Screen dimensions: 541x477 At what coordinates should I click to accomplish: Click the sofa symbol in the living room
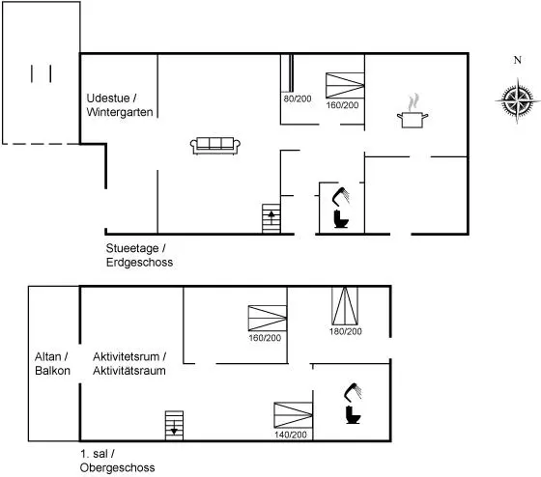[215, 146]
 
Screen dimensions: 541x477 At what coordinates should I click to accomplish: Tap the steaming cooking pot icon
[413, 111]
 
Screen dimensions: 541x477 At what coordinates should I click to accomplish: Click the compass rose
[517, 100]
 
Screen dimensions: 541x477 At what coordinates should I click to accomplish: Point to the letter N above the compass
[517, 60]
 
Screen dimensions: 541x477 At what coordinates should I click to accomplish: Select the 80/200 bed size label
[298, 98]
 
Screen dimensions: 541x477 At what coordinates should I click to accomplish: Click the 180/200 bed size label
[346, 331]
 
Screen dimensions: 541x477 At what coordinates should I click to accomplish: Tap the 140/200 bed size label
[291, 435]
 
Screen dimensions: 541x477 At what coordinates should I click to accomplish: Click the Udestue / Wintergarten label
[120, 105]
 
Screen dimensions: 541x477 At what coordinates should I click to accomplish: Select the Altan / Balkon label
[52, 363]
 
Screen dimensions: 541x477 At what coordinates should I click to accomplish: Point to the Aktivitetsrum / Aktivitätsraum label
[129, 363]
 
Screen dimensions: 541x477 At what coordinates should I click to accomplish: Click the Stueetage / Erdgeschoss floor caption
[139, 255]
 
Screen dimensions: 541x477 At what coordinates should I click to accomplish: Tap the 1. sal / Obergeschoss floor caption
[117, 461]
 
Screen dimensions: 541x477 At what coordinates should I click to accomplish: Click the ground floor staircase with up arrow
[271, 218]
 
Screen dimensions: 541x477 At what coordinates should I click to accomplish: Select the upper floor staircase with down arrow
[174, 425]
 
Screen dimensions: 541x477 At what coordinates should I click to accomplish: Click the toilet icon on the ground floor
[341, 219]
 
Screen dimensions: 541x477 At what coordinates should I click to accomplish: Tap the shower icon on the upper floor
[353, 392]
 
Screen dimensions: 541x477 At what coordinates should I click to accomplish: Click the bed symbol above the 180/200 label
[345, 305]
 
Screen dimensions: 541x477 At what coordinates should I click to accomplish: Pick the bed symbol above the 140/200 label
[294, 415]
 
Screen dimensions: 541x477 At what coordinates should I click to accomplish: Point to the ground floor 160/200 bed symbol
[345, 86]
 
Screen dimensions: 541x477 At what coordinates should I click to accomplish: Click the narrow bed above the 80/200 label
[291, 72]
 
